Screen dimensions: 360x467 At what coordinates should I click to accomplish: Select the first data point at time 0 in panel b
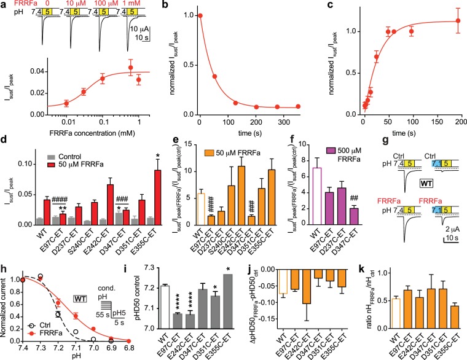(200, 15)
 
